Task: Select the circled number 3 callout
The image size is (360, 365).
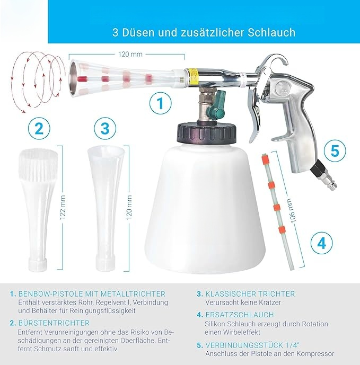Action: tap(104, 128)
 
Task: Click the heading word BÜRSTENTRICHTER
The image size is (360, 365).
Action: tap(54, 322)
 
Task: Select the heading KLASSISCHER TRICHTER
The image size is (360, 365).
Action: tap(250, 293)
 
